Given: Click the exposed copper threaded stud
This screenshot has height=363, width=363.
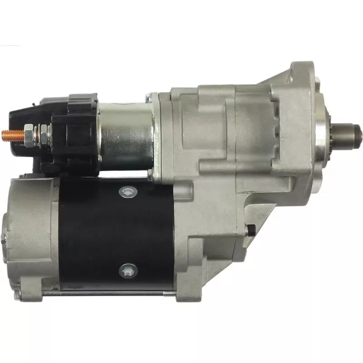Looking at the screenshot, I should [10, 134].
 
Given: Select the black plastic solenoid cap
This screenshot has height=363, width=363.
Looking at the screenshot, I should [73, 132].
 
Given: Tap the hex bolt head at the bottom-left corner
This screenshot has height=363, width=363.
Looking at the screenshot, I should [17, 295].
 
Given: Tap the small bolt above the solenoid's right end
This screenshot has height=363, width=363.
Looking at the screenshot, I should [149, 97].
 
